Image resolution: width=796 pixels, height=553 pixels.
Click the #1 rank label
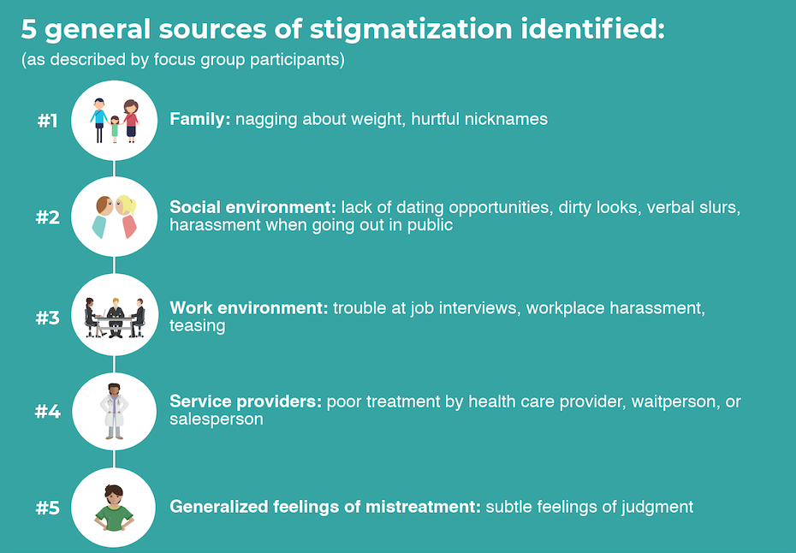(x=48, y=121)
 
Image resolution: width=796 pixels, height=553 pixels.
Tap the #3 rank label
(x=48, y=318)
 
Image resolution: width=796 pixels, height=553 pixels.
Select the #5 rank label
(x=48, y=508)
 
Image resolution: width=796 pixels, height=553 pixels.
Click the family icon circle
(x=115, y=121)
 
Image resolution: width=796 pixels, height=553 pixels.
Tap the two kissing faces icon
(x=115, y=217)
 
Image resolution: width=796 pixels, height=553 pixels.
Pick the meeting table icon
(x=115, y=316)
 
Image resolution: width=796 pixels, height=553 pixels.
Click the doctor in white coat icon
(x=115, y=411)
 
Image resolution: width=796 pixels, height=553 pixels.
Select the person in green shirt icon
(x=115, y=507)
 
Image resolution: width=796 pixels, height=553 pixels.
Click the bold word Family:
(x=200, y=119)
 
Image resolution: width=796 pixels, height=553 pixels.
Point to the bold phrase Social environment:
(x=252, y=208)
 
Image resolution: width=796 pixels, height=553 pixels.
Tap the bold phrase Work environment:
(x=249, y=308)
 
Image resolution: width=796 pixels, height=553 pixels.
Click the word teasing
(x=197, y=326)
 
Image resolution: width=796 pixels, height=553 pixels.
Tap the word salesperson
(x=216, y=419)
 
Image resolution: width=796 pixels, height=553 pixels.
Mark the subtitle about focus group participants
(x=182, y=61)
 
